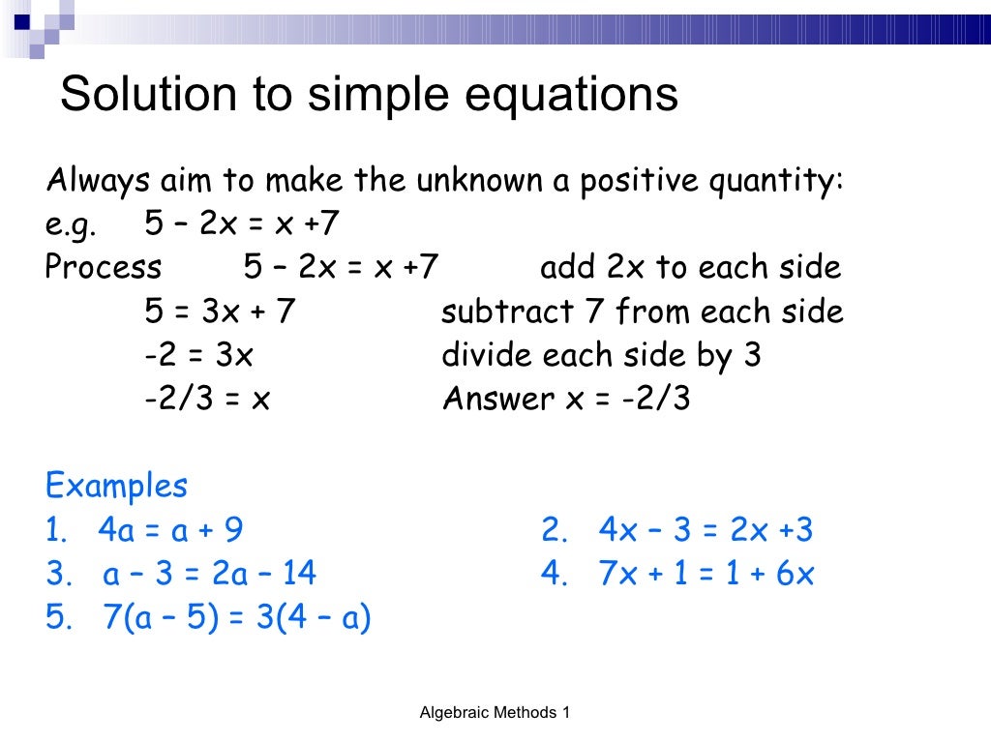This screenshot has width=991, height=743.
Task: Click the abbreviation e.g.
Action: pyautogui.click(x=71, y=225)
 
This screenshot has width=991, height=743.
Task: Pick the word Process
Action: pyautogui.click(x=104, y=268)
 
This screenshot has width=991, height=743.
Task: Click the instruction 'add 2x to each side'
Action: pyautogui.click(x=690, y=268)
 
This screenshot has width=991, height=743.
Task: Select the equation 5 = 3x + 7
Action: pyautogui.click(x=220, y=312)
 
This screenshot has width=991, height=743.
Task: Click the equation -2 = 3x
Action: pyautogui.click(x=198, y=355)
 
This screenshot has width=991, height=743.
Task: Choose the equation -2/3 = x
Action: pyautogui.click(x=207, y=399)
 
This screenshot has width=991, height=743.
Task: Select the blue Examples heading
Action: pyautogui.click(x=116, y=485)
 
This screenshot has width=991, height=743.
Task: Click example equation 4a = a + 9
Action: pyautogui.click(x=170, y=530)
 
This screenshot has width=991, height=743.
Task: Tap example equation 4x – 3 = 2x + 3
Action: pyautogui.click(x=706, y=530)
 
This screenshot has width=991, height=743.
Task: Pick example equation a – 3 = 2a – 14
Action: pyautogui.click(x=209, y=575)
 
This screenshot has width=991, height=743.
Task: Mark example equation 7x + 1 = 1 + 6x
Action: pyautogui.click(x=706, y=575)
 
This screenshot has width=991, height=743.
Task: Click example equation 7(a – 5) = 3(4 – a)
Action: pyautogui.click(x=236, y=618)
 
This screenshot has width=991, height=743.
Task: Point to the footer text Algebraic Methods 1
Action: pyautogui.click(x=495, y=713)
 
